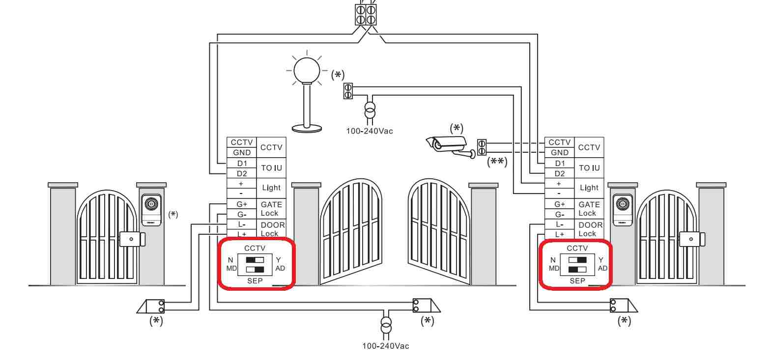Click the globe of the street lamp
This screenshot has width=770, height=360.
(307, 70)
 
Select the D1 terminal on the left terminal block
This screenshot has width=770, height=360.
(242, 163)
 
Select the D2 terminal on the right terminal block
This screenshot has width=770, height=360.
(560, 173)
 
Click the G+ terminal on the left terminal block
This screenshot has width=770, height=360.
(242, 204)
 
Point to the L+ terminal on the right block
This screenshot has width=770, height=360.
(560, 234)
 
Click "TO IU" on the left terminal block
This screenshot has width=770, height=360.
(271, 168)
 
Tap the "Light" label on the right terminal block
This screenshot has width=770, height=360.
(589, 188)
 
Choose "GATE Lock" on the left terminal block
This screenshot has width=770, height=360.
(271, 209)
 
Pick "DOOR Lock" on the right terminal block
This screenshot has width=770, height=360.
(590, 229)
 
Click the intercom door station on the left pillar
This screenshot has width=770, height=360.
(151, 210)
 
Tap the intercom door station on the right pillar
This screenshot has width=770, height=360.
(623, 210)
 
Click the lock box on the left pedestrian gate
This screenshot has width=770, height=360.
(132, 239)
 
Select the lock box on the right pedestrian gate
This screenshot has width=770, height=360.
(692, 239)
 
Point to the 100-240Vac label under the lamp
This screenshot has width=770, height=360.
(370, 131)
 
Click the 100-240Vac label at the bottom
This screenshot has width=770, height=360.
(386, 346)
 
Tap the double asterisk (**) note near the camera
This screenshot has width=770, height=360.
(497, 162)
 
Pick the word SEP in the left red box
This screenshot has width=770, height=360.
(255, 280)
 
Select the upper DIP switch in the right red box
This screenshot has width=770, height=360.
(577, 260)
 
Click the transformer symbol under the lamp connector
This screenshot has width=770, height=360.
(370, 111)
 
